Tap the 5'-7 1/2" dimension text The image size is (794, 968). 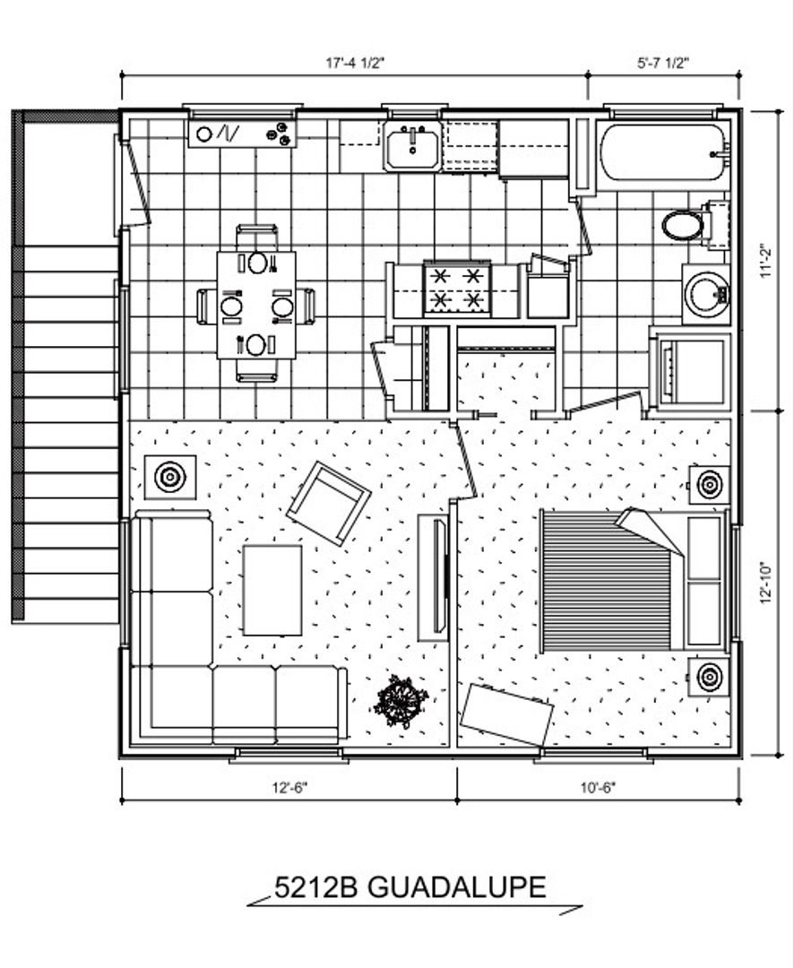click(663, 63)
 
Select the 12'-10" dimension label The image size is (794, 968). click(766, 583)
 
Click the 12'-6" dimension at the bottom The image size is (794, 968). click(289, 788)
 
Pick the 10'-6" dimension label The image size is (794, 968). click(599, 788)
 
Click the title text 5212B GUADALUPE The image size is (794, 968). click(410, 887)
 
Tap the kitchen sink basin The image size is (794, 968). click(412, 146)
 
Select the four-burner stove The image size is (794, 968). click(456, 289)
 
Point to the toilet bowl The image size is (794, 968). click(682, 225)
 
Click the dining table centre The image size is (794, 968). click(256, 305)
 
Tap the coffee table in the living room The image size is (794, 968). click(272, 590)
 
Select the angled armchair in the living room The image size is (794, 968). click(329, 503)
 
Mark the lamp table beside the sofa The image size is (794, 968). click(170, 477)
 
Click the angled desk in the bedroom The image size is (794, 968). click(507, 714)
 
